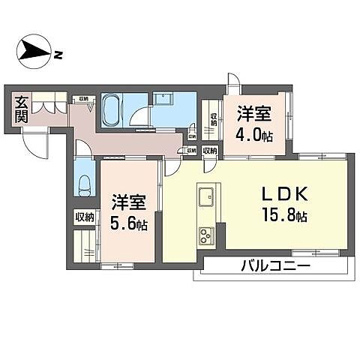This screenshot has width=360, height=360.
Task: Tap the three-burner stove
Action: tap(205, 237)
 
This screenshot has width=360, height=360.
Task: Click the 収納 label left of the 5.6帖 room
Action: tap(84, 217)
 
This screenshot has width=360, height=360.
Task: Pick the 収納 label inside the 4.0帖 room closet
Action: tap(213, 120)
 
